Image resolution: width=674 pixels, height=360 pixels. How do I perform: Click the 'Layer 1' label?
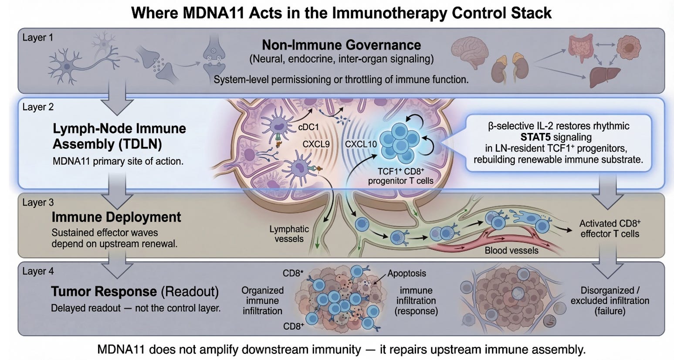(37, 37)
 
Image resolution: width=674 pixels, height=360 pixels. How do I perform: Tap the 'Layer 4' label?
(38, 271)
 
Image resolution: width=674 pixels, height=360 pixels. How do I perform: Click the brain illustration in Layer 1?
(469, 52)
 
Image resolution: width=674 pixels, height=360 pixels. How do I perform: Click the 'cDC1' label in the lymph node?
(308, 127)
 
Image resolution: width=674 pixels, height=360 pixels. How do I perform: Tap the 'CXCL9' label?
(316, 144)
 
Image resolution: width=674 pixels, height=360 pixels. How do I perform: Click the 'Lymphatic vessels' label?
(289, 234)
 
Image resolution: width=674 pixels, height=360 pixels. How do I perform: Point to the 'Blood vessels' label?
(511, 251)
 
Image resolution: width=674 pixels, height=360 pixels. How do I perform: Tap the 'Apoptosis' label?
(406, 273)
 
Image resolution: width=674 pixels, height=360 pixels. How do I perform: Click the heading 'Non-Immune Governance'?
(341, 45)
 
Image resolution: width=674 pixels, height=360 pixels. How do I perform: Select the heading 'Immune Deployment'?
(116, 217)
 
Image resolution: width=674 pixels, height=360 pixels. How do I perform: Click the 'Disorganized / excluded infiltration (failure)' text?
(610, 301)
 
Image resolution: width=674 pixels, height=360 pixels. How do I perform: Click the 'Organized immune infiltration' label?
(262, 301)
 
